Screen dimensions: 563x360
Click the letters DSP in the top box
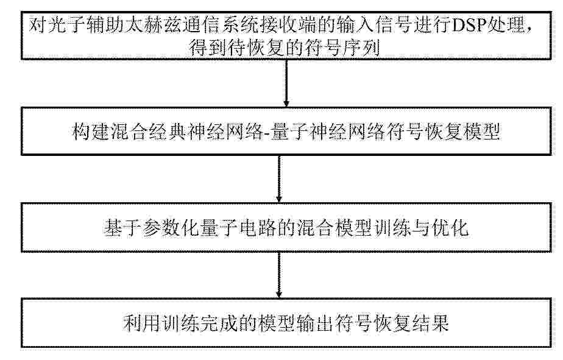coord(467,25)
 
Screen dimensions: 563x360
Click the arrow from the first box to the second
coord(286,83)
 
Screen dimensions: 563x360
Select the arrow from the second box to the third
coord(279,179)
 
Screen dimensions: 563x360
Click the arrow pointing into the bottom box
coord(279,275)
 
